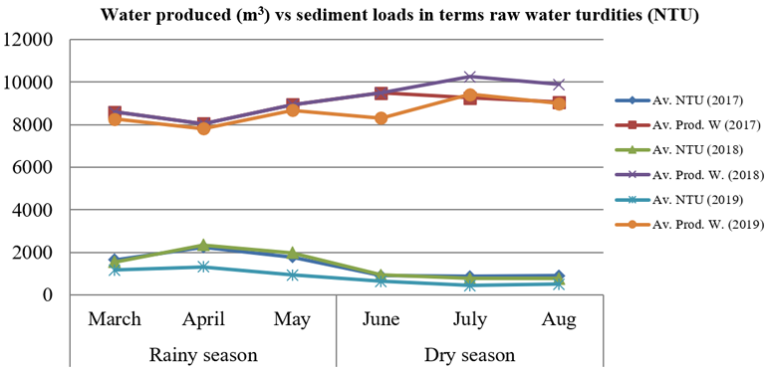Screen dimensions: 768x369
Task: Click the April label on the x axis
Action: tap(203, 320)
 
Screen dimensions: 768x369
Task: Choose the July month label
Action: tap(470, 320)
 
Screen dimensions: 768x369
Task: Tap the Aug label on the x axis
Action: tap(559, 320)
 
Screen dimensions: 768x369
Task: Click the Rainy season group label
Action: tap(203, 354)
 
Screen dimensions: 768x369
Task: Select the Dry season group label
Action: tap(470, 354)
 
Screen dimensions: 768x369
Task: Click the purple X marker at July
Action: tap(470, 77)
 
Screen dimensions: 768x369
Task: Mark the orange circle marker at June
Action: tap(382, 118)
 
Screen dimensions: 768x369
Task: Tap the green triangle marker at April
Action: tap(204, 245)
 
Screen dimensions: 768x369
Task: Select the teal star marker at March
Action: tap(115, 270)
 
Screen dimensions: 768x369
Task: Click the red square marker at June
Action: tap(382, 92)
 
